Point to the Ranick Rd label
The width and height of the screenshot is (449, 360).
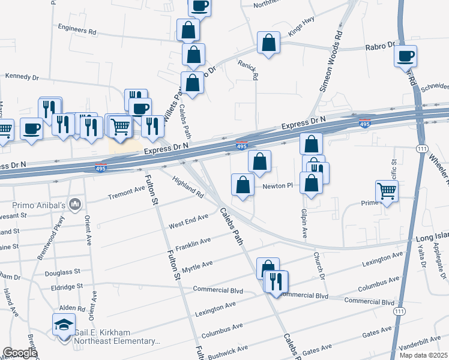pos(247,70)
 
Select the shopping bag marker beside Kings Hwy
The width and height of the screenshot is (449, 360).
pos(268,43)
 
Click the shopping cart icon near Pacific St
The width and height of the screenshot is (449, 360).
pos(387,191)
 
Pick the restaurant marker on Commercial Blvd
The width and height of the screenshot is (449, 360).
pos(276,281)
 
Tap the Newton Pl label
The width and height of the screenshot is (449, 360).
pos(277,187)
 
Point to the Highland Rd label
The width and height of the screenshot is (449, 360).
pos(188,187)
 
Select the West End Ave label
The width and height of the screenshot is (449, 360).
pos(188,221)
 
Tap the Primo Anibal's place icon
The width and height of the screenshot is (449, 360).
pos(75,205)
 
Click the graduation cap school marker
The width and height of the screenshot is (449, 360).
pos(64,325)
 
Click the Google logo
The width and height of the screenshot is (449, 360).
pos(20,353)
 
